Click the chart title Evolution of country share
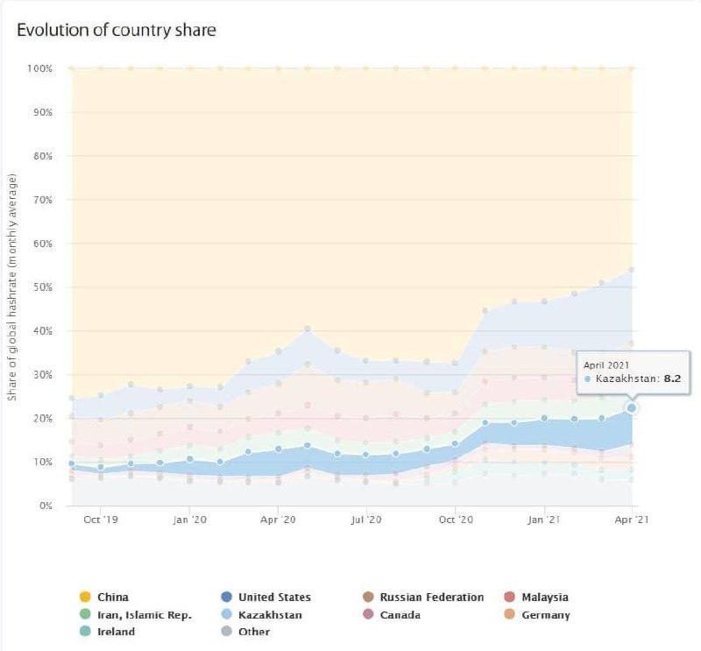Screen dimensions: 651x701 [x=117, y=31]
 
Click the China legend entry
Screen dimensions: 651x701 [x=112, y=598]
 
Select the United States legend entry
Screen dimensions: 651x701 [x=274, y=598]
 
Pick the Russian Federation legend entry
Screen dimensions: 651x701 [x=431, y=598]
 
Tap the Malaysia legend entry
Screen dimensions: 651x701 [x=544, y=598]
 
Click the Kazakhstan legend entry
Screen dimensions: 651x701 [x=270, y=615]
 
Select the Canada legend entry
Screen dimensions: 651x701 [x=400, y=615]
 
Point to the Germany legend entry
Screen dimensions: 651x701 [x=545, y=615]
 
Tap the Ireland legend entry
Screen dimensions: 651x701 [x=116, y=632]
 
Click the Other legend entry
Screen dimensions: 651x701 [x=254, y=632]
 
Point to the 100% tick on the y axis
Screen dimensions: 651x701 [x=39, y=68]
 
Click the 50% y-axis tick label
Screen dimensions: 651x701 [x=42, y=287]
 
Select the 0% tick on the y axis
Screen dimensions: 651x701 [x=45, y=506]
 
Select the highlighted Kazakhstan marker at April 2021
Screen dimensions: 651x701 [x=632, y=407]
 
